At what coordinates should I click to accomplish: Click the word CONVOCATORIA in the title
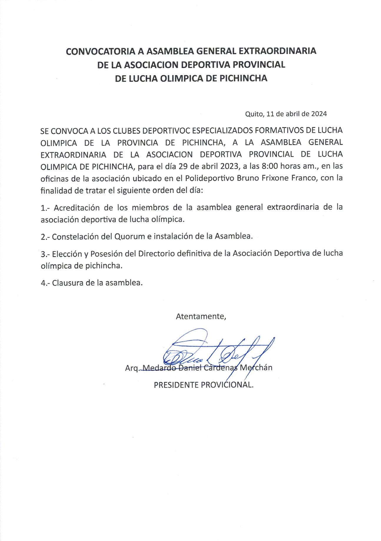point(100,51)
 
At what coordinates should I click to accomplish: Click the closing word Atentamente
point(201,316)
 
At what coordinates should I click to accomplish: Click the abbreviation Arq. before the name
point(132,368)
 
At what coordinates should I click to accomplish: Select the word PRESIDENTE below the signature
point(177,385)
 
